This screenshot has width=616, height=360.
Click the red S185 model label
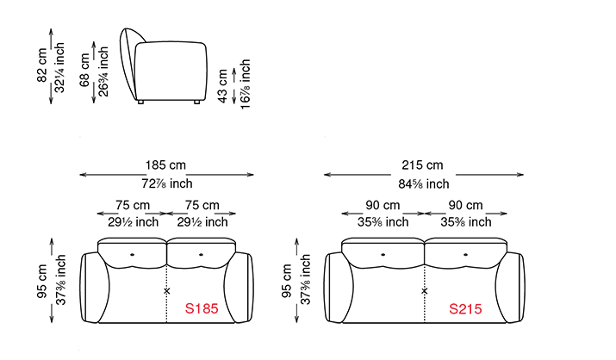[x=202, y=308]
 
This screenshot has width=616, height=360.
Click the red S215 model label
[x=465, y=309]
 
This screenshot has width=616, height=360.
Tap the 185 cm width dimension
[x=165, y=164]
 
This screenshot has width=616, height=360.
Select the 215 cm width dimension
[x=422, y=164]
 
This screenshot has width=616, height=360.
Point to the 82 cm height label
[x=42, y=65]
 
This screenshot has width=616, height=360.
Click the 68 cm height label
[x=84, y=70]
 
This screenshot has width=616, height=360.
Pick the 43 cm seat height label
[x=222, y=86]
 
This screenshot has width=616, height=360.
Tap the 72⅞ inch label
[x=167, y=183]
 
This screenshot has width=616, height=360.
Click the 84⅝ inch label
[x=424, y=183]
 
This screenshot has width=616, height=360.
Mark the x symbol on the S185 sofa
[x=167, y=291]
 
